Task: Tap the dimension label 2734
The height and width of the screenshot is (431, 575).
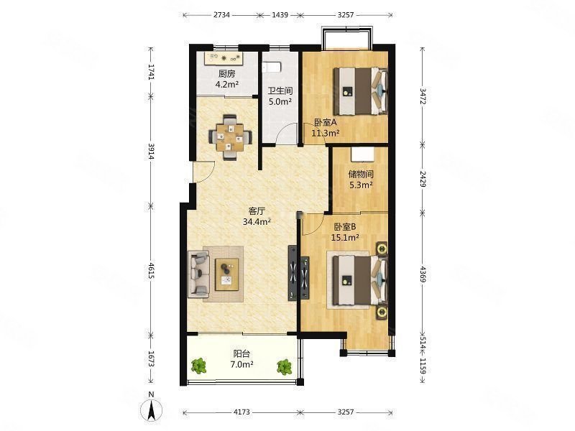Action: click(x=221, y=15)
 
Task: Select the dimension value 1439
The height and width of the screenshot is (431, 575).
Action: click(x=280, y=15)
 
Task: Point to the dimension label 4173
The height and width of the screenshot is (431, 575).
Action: click(x=241, y=412)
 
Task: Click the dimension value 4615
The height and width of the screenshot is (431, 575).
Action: click(x=151, y=270)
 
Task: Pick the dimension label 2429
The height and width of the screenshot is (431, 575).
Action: click(x=423, y=179)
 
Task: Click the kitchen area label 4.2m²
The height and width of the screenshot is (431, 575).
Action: click(x=227, y=84)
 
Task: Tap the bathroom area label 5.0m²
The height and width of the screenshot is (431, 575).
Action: click(x=280, y=101)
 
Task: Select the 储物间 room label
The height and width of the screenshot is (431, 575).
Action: click(x=361, y=174)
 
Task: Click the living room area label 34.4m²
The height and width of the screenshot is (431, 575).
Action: click(x=257, y=221)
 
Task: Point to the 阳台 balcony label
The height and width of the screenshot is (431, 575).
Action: click(x=241, y=354)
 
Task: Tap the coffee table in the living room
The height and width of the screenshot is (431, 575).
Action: click(x=226, y=274)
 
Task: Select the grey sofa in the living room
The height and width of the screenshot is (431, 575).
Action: click(x=199, y=274)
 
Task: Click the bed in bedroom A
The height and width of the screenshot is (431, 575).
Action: click(x=360, y=91)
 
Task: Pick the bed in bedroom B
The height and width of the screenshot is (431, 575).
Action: click(x=360, y=280)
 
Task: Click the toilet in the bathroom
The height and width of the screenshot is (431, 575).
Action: click(x=272, y=68)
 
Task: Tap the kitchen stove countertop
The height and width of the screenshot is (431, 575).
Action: click(x=224, y=58)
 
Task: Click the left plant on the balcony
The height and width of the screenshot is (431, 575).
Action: click(x=199, y=366)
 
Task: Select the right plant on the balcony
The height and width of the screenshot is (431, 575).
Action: click(x=284, y=367)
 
